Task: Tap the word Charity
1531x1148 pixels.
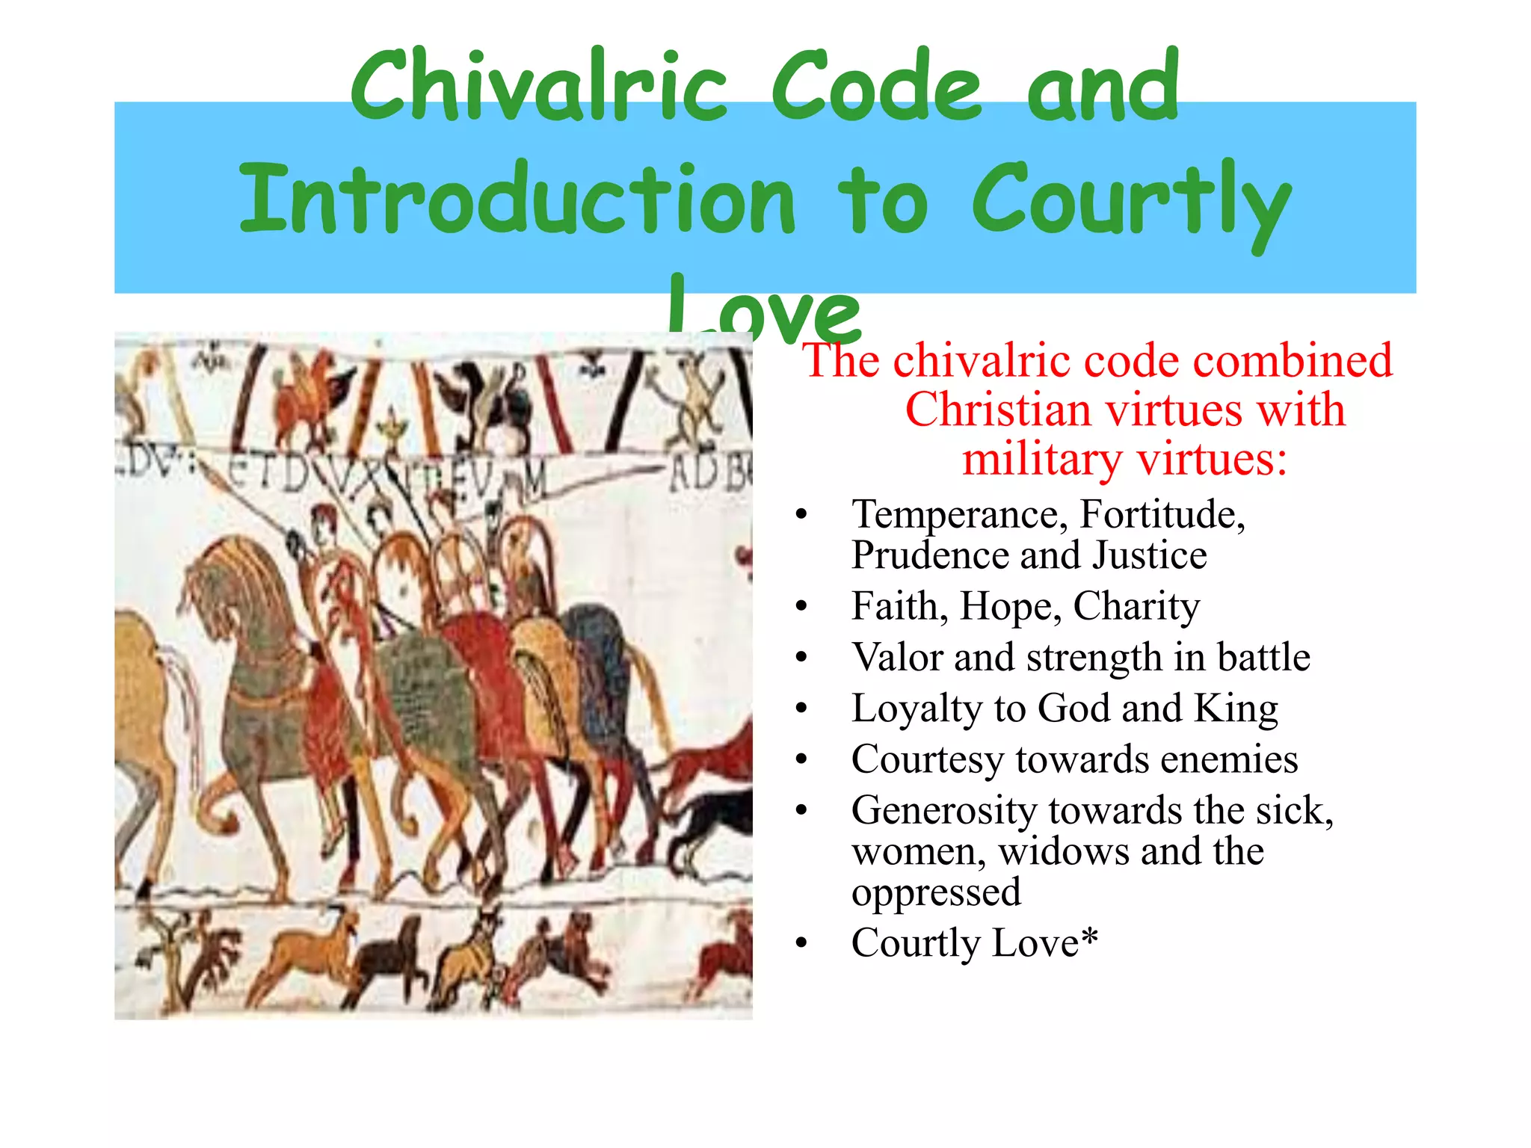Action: [1136, 606]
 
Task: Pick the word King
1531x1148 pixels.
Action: [1236, 709]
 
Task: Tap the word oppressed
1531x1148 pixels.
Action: [936, 892]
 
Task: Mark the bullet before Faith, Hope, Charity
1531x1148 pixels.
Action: [802, 607]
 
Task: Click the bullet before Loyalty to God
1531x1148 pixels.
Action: [802, 709]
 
